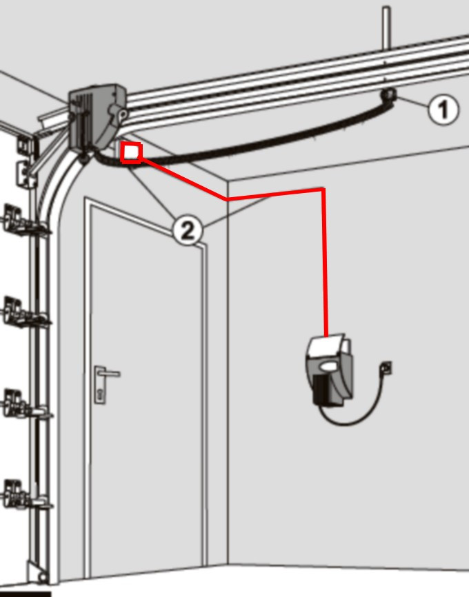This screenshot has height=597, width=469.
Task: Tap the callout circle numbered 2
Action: [x=188, y=230]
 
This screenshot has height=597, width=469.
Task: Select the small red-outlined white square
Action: [x=132, y=152]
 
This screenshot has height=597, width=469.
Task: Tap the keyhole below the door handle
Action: [x=100, y=394]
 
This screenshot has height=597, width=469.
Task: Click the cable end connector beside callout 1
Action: [x=388, y=94]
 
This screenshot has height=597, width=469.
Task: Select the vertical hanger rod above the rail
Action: [x=386, y=28]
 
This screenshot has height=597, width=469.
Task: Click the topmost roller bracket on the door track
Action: [x=23, y=221]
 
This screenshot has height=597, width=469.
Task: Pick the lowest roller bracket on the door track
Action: [x=23, y=495]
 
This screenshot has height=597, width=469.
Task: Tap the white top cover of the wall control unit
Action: [x=327, y=347]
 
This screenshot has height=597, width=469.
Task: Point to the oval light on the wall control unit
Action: [x=328, y=366]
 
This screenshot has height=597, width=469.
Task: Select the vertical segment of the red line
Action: [x=324, y=263]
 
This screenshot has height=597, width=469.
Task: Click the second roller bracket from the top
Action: [x=23, y=312]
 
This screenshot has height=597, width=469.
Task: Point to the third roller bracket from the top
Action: [x=23, y=403]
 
